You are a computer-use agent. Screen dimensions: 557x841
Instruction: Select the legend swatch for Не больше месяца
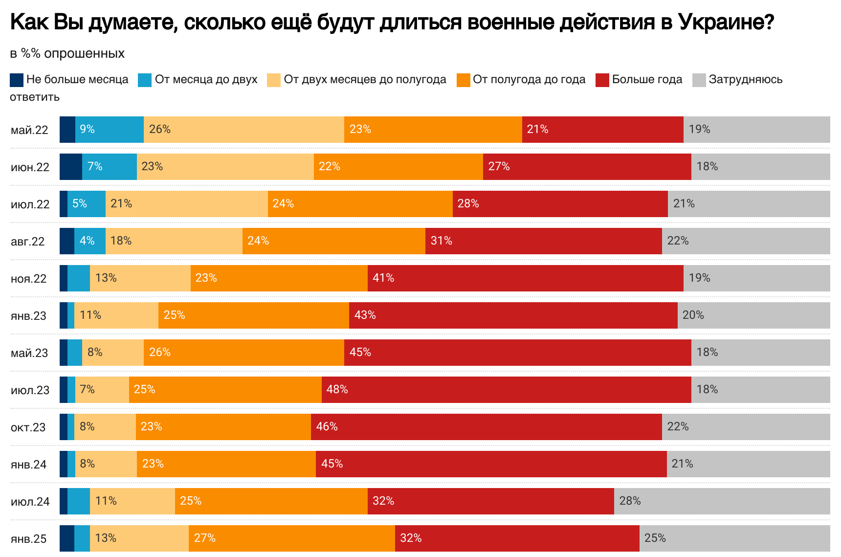(x=17, y=80)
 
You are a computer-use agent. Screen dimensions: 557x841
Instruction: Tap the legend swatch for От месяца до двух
(x=145, y=80)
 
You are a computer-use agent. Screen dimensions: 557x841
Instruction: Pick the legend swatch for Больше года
(x=602, y=80)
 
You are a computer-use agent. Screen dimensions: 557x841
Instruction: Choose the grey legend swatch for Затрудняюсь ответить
(x=699, y=80)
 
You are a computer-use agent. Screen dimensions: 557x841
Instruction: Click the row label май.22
(x=29, y=130)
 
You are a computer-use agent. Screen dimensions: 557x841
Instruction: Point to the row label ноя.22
(x=29, y=279)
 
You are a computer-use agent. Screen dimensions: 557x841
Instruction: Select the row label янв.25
(x=29, y=539)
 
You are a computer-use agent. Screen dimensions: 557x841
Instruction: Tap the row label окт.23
(x=28, y=427)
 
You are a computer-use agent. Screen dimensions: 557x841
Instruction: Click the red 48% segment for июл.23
(x=506, y=390)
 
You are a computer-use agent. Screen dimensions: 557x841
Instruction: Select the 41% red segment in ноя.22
(x=525, y=278)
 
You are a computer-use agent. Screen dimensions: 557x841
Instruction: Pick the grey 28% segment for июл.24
(x=722, y=501)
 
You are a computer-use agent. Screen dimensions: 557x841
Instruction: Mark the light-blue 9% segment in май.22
(x=110, y=130)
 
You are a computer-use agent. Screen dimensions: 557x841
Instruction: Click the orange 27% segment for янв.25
(x=291, y=538)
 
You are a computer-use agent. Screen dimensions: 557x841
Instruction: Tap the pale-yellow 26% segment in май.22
(x=243, y=130)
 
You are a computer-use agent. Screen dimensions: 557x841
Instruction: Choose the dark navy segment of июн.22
(x=70, y=167)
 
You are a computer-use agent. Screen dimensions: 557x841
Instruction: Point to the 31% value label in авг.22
(x=441, y=241)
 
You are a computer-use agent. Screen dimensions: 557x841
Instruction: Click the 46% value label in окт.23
(x=327, y=427)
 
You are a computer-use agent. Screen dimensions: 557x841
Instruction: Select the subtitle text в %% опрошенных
(x=67, y=53)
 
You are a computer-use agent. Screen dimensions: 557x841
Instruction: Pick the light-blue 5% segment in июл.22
(x=87, y=204)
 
